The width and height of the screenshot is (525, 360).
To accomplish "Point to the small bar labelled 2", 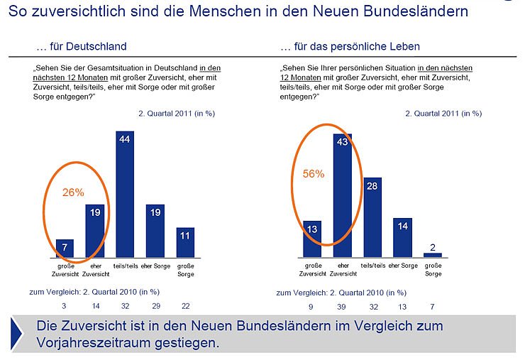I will tap(433, 254).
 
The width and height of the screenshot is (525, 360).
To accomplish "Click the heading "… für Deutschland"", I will tap(81, 47).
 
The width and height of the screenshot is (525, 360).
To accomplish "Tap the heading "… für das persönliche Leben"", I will tap(350, 47).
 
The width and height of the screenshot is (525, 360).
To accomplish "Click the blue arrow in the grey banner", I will tap(17, 332).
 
